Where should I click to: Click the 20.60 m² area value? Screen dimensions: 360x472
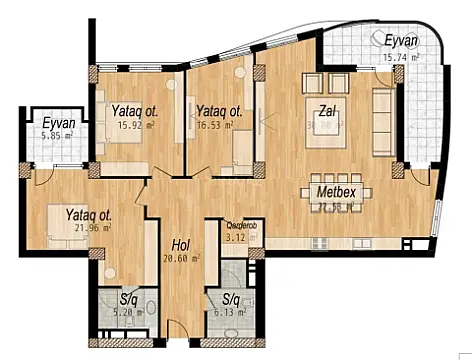pyautogui.click(x=182, y=257)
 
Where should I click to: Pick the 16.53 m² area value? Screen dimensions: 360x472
pyautogui.click(x=216, y=125)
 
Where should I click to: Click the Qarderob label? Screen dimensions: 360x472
pyautogui.click(x=240, y=226)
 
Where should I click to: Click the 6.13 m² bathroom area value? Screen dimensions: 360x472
pyautogui.click(x=232, y=312)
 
